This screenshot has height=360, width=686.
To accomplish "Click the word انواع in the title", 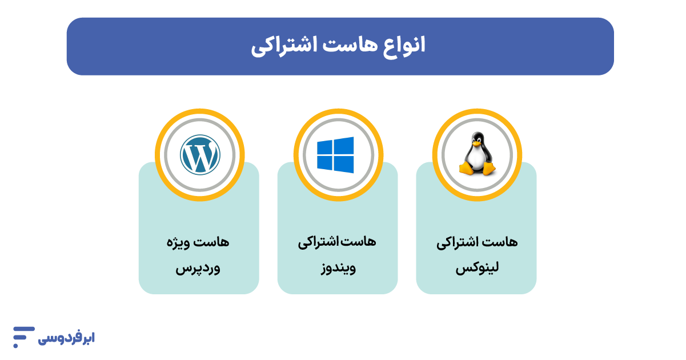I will pyautogui.click(x=403, y=46).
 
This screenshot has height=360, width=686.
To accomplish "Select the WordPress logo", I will pyautogui.click(x=199, y=154).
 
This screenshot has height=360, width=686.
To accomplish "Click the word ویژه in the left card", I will pyautogui.click(x=182, y=242).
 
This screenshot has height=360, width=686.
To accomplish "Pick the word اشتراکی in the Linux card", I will pyautogui.click(x=460, y=242).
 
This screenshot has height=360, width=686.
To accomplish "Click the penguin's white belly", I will pyautogui.click(x=477, y=160).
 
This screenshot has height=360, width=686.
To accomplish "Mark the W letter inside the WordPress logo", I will pyautogui.click(x=199, y=154).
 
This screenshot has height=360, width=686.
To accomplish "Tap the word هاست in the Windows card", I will pyautogui.click(x=362, y=242).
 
